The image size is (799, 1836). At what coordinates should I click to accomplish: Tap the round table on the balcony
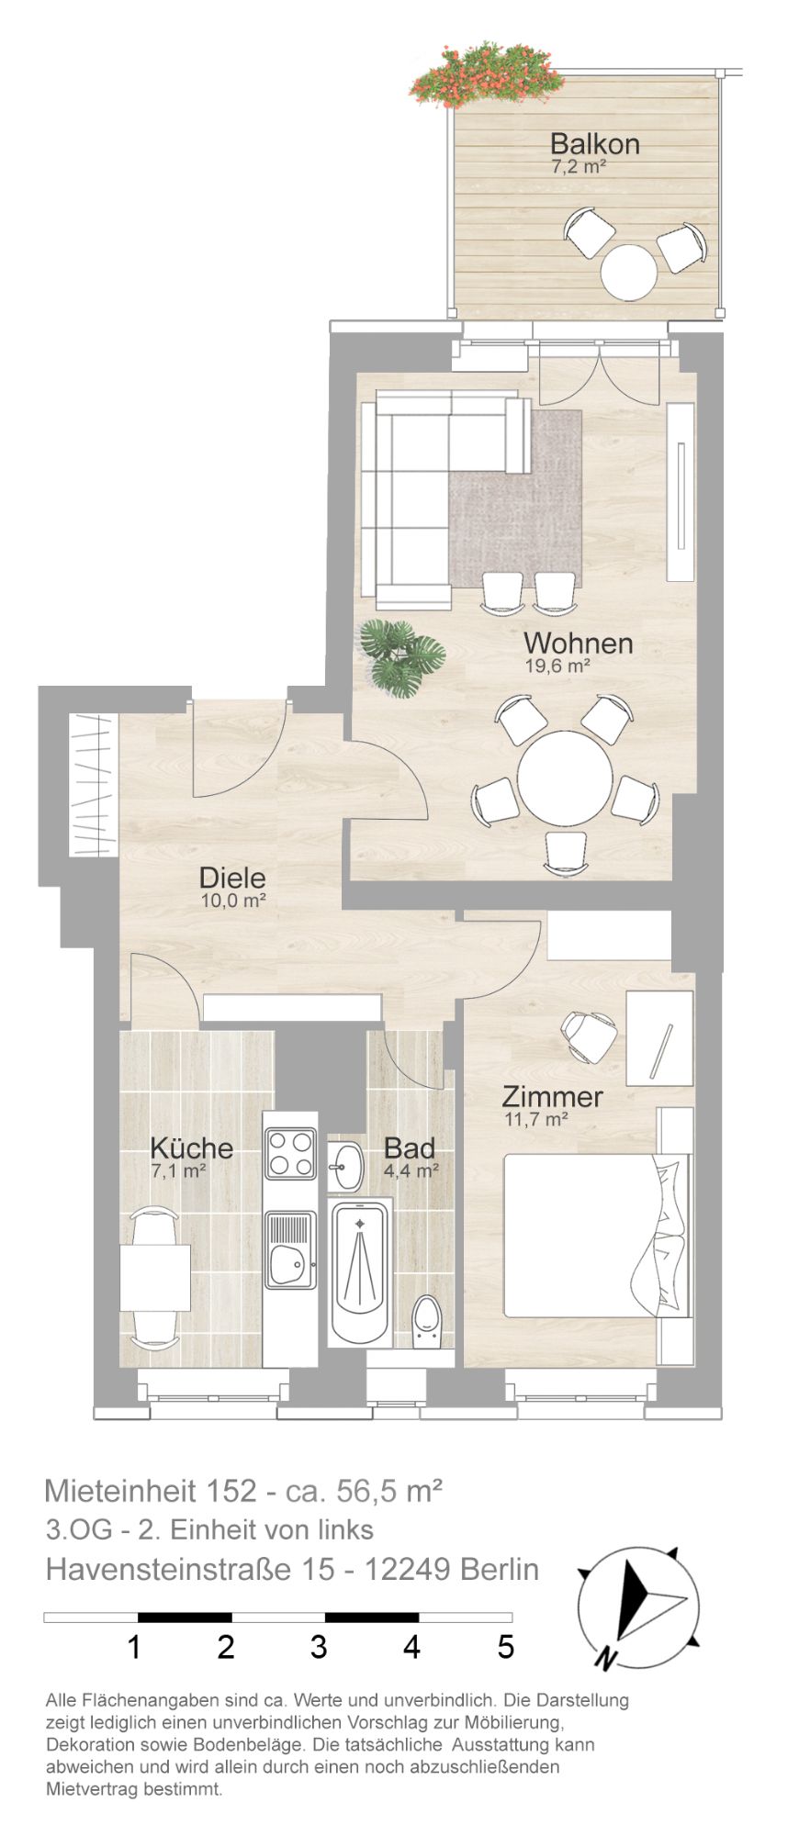tap(629, 271)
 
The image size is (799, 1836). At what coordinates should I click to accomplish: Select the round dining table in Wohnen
tap(564, 778)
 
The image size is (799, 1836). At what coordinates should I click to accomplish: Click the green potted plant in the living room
tap(401, 655)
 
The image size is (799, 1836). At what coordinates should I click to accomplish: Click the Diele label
tap(232, 878)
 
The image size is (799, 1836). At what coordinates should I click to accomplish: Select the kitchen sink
tap(290, 1248)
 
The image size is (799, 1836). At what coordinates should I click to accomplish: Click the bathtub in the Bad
tap(360, 1271)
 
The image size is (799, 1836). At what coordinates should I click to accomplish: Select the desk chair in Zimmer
tap(588, 1035)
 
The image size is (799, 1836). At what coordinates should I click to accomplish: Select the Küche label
tap(191, 1148)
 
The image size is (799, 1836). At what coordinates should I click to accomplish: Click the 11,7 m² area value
tap(536, 1119)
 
